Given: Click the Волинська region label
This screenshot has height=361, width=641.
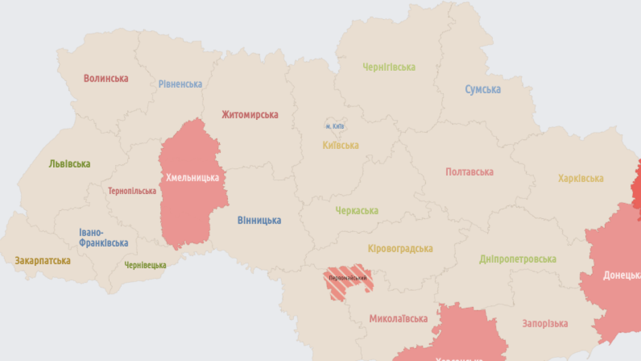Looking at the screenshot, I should tap(106, 78).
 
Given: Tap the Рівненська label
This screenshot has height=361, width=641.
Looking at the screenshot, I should tap(180, 84).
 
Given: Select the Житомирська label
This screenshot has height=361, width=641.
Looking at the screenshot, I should tap(250, 114).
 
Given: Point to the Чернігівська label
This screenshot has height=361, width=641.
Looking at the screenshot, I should tap(389, 67).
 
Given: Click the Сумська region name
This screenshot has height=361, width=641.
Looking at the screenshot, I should tap(483, 89).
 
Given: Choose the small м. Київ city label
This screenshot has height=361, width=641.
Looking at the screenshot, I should tap(335, 126).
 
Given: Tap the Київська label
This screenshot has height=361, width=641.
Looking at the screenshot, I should tap(341, 145).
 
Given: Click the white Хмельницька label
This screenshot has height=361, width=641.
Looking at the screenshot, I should tap(192, 177).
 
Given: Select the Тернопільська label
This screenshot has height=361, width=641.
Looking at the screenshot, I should tap(132, 191).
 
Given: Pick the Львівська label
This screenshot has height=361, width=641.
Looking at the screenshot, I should tap(70, 163).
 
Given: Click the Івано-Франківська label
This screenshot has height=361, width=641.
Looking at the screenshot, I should tap(104, 238).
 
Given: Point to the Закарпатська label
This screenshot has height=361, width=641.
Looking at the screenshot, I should tap(43, 261).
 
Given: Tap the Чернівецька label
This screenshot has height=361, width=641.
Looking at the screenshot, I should tap(145, 265).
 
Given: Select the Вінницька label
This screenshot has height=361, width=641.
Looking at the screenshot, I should tap(259, 220).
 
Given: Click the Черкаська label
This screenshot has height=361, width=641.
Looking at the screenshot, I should tap(357, 211).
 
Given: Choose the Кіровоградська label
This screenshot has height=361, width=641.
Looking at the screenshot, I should tap(400, 248).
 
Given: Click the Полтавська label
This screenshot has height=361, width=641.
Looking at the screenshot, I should tap(469, 172).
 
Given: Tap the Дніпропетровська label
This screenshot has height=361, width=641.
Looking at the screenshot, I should tap(517, 259).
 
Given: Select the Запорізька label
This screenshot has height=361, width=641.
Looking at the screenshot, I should tap(545, 323).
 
